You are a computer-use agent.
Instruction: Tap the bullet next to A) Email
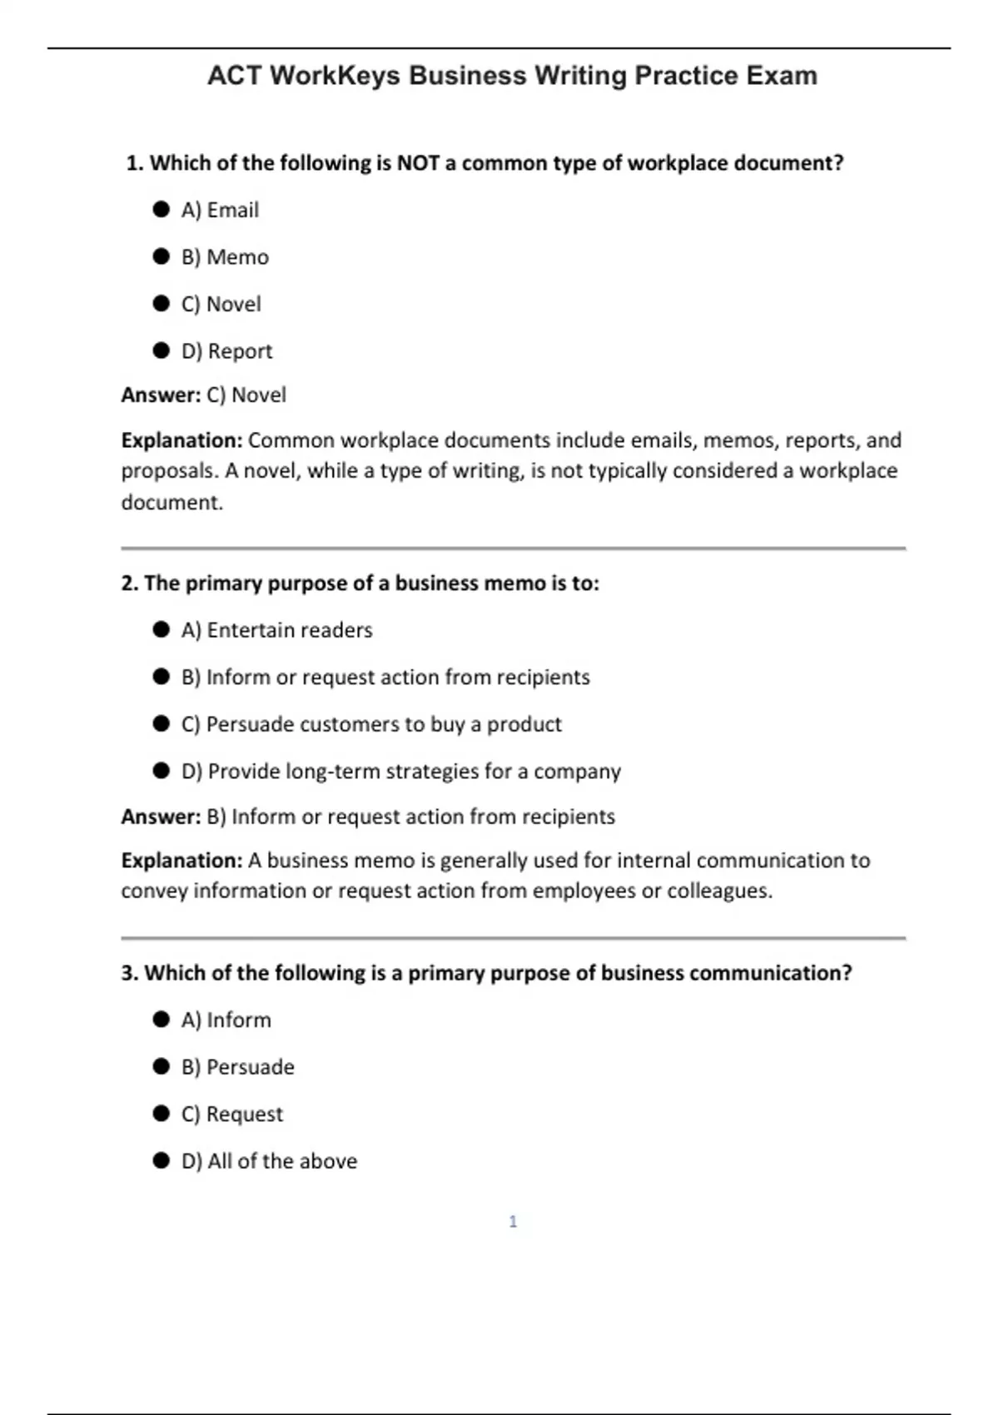pyautogui.click(x=162, y=209)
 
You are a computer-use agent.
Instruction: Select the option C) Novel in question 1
pyautogui.click(x=221, y=304)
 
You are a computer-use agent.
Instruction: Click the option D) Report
pyautogui.click(x=226, y=351)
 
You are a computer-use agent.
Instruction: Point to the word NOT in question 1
pyautogui.click(x=418, y=163)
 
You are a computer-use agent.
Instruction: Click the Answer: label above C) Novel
pyautogui.click(x=161, y=395)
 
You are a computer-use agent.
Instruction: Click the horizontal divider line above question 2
pyautogui.click(x=513, y=548)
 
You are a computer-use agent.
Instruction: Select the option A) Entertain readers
pyautogui.click(x=276, y=630)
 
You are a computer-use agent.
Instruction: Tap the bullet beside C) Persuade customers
pyautogui.click(x=162, y=723)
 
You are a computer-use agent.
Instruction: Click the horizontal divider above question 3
pyautogui.click(x=513, y=938)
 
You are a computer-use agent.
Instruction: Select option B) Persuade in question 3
pyautogui.click(x=238, y=1067)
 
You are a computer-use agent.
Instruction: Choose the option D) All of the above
pyautogui.click(x=269, y=1161)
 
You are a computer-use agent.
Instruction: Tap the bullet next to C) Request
pyautogui.click(x=162, y=1114)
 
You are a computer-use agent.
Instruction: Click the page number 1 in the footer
pyautogui.click(x=513, y=1221)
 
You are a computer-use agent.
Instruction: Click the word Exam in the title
pyautogui.click(x=782, y=76)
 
